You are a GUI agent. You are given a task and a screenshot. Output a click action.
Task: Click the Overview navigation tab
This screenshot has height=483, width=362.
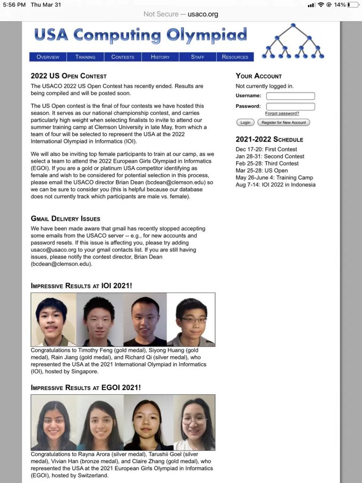[48, 57]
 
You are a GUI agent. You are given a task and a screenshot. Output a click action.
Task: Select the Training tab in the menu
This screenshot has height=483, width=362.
[85, 57]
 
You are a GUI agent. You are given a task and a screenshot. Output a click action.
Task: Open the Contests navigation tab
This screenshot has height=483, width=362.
[123, 57]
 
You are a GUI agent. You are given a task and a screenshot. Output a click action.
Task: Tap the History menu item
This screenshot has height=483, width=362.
[160, 57]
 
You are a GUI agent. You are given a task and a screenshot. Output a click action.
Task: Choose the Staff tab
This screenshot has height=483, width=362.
[197, 57]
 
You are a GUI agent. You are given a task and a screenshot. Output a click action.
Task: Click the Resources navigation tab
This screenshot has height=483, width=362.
[235, 57]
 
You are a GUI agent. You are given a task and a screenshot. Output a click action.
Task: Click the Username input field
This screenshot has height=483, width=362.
[290, 96]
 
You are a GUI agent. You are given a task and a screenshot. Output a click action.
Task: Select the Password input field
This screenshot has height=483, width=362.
[290, 107]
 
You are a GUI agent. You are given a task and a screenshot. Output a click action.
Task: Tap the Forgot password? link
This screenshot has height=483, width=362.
[282, 114]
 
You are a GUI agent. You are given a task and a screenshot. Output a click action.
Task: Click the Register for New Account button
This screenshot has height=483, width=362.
[284, 123]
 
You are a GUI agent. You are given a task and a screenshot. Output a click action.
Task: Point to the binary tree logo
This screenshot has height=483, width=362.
[293, 41]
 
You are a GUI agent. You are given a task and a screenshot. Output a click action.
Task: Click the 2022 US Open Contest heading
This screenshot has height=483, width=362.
[69, 76]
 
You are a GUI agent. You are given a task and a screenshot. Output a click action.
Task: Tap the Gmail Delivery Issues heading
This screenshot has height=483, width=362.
[66, 219]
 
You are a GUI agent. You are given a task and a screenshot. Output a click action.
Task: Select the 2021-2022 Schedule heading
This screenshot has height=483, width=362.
[269, 140]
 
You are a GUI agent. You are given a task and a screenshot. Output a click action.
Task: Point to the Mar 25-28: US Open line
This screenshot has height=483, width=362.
[262, 171]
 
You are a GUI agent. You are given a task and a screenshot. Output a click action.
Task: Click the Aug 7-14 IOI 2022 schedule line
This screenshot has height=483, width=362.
[276, 185]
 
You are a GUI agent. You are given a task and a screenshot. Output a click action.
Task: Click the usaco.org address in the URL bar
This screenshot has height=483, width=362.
[203, 14]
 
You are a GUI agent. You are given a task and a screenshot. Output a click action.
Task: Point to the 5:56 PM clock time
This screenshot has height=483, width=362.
[14, 5]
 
